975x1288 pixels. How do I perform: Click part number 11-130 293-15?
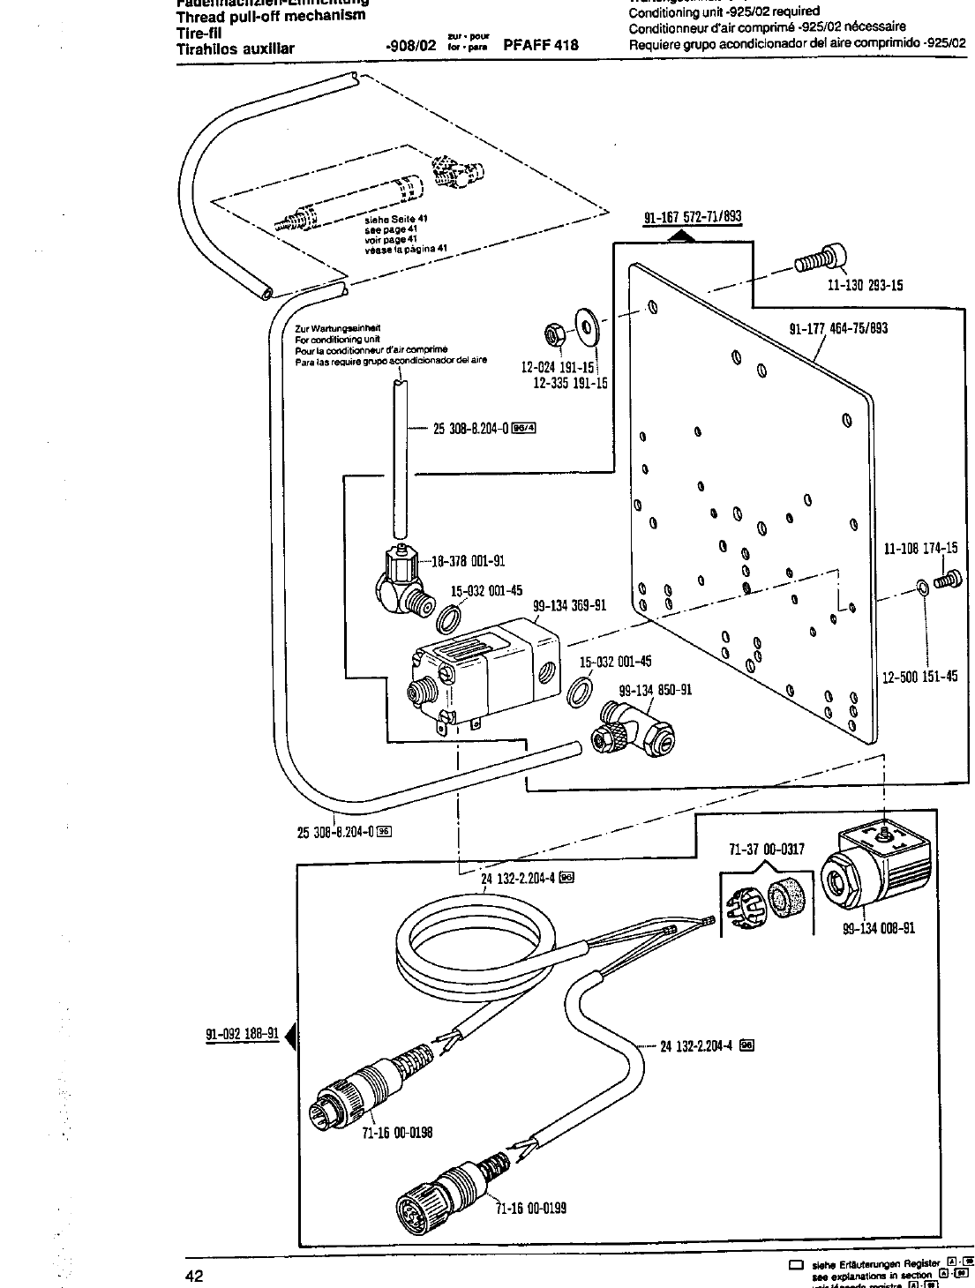click(x=865, y=285)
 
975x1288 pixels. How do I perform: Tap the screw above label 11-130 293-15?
click(x=820, y=260)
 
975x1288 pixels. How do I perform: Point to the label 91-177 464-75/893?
click(x=838, y=329)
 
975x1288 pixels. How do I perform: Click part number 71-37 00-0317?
click(x=767, y=850)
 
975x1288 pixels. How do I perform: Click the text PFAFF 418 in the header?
click(x=541, y=44)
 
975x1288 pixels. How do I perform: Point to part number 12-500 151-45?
click(x=920, y=678)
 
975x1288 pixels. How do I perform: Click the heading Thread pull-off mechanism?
click(x=271, y=16)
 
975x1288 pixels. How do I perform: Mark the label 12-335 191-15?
click(x=570, y=383)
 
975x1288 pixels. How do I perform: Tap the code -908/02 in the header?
click(x=412, y=44)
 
